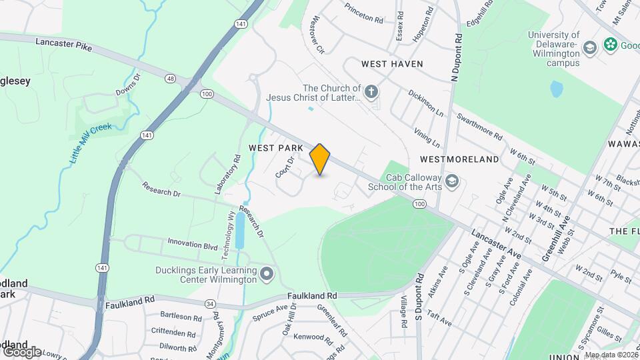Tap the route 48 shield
[171, 79]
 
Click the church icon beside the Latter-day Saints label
[371, 90]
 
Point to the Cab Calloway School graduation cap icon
[452, 181]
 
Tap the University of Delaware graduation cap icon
[589, 47]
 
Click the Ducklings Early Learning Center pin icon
[267, 274]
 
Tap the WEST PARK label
[276, 147]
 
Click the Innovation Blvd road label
[193, 245]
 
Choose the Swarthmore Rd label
[480, 125]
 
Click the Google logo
[21, 351]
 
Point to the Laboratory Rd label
[227, 175]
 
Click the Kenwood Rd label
[308, 337]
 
